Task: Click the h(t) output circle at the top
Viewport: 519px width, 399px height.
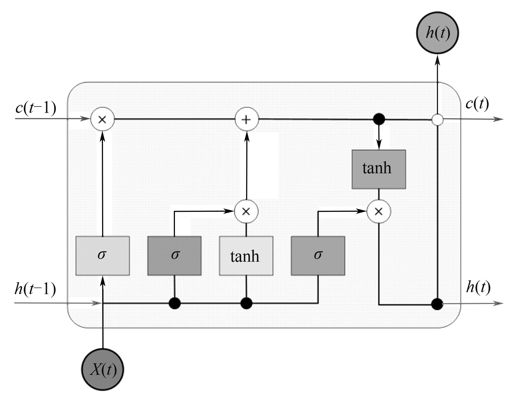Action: (438, 33)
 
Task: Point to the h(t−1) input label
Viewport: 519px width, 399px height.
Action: (35, 289)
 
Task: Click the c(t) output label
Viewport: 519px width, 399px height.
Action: (477, 104)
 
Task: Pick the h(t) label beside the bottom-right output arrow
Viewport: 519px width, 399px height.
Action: (478, 287)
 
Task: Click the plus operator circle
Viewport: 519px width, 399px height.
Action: (247, 119)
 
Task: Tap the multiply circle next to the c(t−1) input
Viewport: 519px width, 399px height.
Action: (102, 119)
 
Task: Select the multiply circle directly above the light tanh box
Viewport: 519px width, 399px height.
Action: (246, 211)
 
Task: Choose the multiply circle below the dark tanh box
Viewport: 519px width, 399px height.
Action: (379, 211)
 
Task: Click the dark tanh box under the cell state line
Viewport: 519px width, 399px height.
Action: (379, 169)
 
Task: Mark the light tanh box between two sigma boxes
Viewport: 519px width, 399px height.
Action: (246, 256)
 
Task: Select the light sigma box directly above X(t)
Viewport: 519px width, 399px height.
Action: (102, 256)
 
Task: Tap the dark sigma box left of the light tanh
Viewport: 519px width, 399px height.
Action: (174, 256)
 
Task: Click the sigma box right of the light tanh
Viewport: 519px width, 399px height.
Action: (318, 256)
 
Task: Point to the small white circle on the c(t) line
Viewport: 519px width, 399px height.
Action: (437, 120)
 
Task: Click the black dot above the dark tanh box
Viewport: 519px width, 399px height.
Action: (379, 119)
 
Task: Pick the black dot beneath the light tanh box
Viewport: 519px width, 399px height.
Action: (246, 303)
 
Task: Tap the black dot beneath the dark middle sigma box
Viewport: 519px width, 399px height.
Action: (175, 303)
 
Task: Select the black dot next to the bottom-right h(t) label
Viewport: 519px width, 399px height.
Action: (437, 304)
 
